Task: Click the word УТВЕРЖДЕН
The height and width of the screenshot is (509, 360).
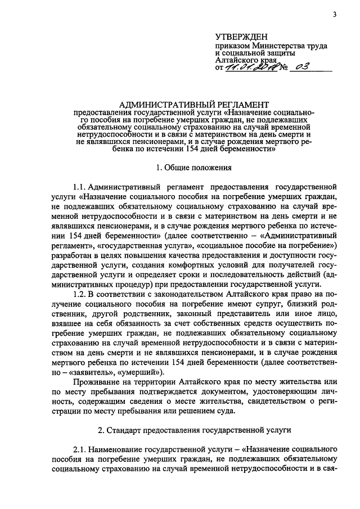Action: tap(238, 35)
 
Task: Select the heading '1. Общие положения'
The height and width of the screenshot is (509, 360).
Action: tap(192, 167)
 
